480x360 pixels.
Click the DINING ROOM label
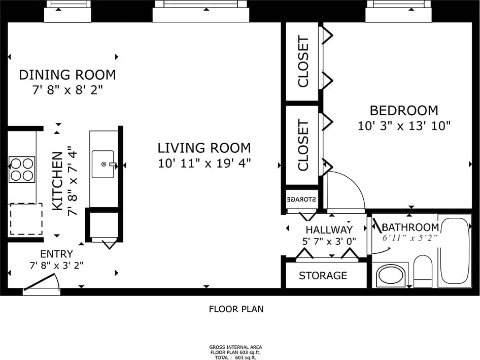pyautogui.click(x=67, y=75)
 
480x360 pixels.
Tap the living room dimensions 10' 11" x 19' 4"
pyautogui.click(x=204, y=163)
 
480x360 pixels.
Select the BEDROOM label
pyautogui.click(x=404, y=110)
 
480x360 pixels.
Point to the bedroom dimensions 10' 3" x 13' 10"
pyautogui.click(x=404, y=126)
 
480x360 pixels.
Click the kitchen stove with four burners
pyautogui.click(x=22, y=170)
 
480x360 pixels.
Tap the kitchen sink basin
pyautogui.click(x=104, y=164)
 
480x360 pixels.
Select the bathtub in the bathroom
pyautogui.click(x=455, y=251)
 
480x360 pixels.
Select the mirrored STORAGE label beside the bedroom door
pyautogui.click(x=302, y=199)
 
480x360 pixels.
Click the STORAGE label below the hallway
pyautogui.click(x=323, y=276)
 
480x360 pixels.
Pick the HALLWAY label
pyautogui.click(x=329, y=230)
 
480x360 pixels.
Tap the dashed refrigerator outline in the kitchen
pyautogui.click(x=26, y=219)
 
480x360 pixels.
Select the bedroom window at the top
pyautogui.click(x=398, y=12)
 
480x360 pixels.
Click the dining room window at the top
pyautogui.click(x=67, y=12)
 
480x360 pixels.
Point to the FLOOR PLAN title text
pyautogui.click(x=236, y=309)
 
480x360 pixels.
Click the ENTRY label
pyautogui.click(x=56, y=253)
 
